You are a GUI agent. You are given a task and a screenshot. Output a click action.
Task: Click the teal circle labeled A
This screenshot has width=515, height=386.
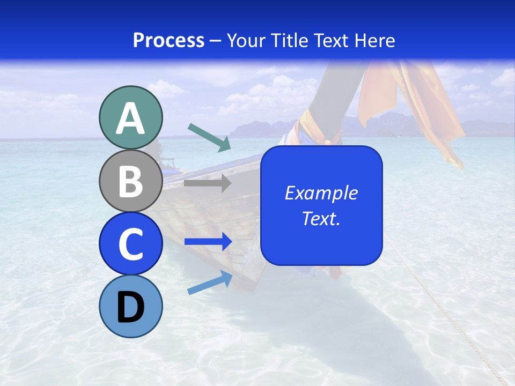130,117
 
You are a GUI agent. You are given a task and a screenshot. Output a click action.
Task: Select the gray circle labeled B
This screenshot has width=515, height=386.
130,181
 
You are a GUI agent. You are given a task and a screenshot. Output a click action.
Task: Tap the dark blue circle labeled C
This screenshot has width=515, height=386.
130,244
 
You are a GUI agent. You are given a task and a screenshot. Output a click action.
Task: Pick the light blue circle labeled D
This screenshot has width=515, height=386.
130,307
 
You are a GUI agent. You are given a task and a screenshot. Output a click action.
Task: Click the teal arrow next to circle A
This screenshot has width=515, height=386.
209,137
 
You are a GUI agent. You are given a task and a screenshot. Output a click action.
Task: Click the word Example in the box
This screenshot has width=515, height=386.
321,193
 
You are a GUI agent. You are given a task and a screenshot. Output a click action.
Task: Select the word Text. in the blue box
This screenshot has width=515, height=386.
321,219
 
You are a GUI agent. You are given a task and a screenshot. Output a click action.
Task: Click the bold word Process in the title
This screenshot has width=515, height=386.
168,40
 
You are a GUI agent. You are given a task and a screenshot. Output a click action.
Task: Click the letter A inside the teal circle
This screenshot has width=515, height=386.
130,118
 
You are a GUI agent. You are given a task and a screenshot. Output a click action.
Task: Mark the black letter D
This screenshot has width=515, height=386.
130,308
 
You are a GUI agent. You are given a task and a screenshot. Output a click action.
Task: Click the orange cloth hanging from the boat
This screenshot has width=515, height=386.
429,107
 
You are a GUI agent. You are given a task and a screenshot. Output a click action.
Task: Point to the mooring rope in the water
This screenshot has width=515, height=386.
445,311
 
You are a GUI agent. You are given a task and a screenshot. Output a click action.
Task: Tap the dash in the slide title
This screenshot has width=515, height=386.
216,41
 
